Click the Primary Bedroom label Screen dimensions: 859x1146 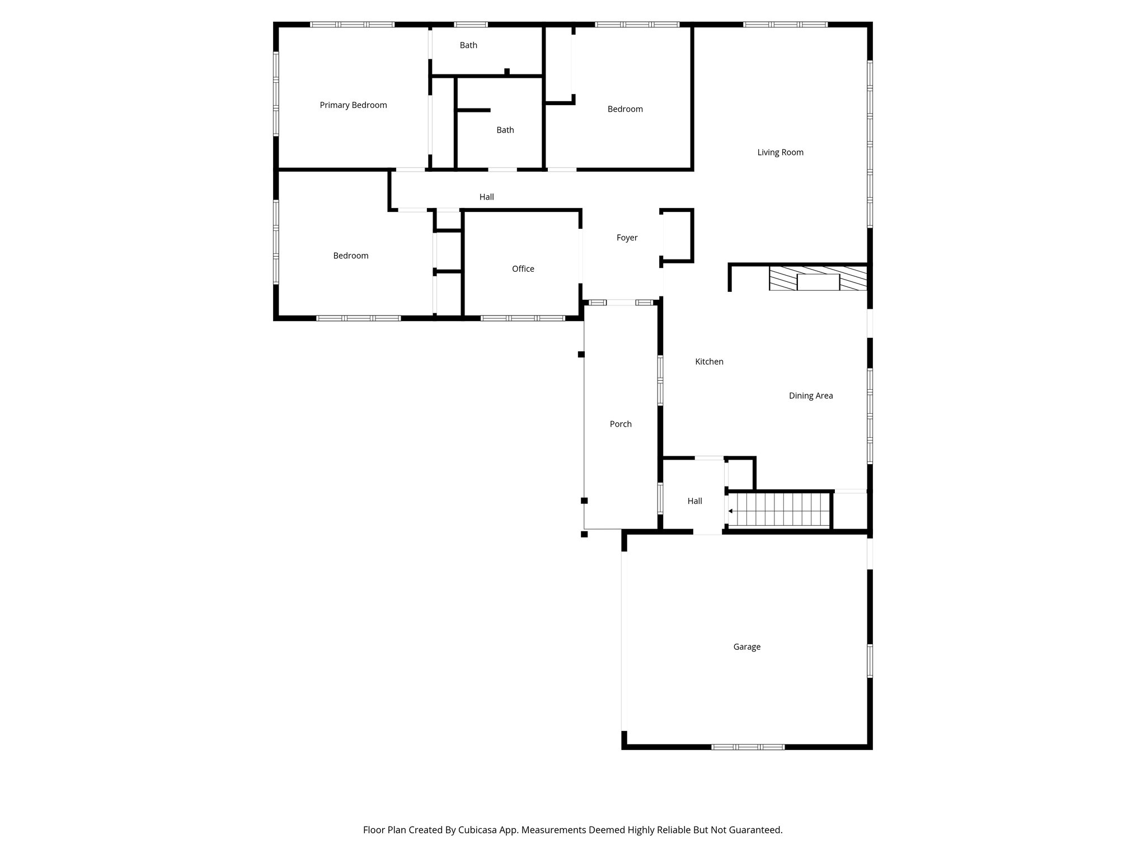pyautogui.click(x=353, y=105)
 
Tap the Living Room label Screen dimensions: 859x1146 pyautogui.click(x=780, y=153)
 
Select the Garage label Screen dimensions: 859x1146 pyautogui.click(x=746, y=647)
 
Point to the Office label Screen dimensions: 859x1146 pyautogui.click(x=523, y=269)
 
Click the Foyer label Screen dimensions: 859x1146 pyautogui.click(x=627, y=238)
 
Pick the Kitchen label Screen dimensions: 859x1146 pyautogui.click(x=709, y=362)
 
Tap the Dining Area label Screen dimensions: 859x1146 pyautogui.click(x=810, y=396)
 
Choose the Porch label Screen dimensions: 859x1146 pyautogui.click(x=621, y=424)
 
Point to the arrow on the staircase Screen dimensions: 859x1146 pyautogui.click(x=731, y=511)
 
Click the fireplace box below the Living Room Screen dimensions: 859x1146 pyautogui.click(x=818, y=282)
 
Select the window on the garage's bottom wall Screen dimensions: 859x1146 pyautogui.click(x=748, y=747)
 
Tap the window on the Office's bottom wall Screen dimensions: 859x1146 pyautogui.click(x=523, y=318)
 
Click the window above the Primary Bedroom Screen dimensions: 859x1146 pyautogui.click(x=353, y=25)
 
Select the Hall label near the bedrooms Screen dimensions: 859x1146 pyautogui.click(x=486, y=197)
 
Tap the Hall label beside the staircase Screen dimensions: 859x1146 pyautogui.click(x=694, y=502)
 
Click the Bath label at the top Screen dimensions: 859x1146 pyautogui.click(x=468, y=45)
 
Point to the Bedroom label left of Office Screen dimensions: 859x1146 pyautogui.click(x=351, y=256)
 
